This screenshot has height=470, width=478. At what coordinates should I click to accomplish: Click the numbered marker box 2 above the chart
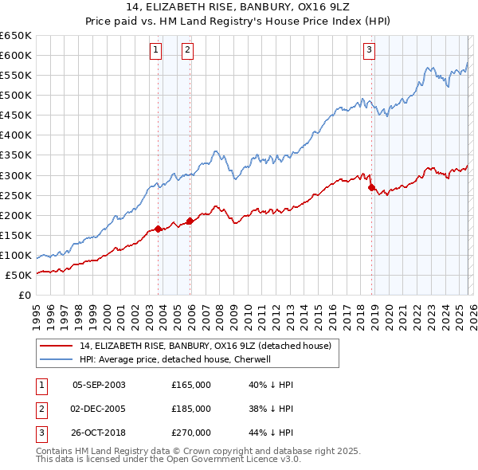tap(187, 51)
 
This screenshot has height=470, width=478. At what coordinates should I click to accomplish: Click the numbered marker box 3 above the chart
tap(370, 51)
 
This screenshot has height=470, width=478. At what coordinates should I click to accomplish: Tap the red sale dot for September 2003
tap(159, 229)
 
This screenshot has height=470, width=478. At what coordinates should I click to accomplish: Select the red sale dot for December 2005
tap(190, 221)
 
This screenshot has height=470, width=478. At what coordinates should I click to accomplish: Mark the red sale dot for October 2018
tap(372, 187)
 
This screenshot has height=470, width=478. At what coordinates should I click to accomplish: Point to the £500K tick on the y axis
tap(16, 95)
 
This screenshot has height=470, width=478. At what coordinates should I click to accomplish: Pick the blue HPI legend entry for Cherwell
tap(175, 359)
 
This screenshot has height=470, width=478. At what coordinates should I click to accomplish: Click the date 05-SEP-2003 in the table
tap(99, 385)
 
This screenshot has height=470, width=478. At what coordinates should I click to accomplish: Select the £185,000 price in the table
tap(191, 409)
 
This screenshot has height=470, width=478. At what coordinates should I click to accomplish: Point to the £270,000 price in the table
tap(191, 433)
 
